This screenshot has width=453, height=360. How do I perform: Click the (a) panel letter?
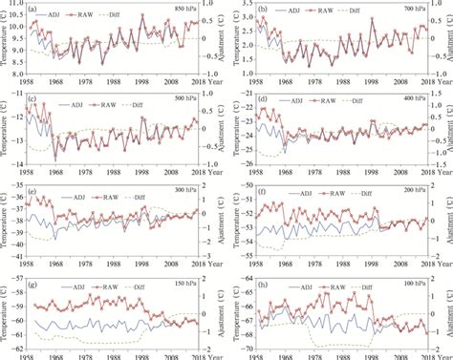point(34,11)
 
